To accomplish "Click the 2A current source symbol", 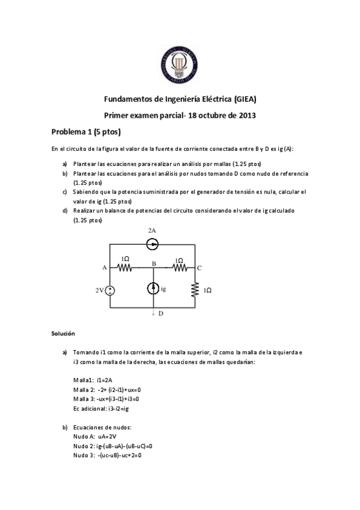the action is pos(153,244).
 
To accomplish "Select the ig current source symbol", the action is pos(153,289).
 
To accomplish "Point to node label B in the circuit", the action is pos(154,263).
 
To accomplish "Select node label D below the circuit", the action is pos(160,313).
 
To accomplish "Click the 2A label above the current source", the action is pos(152,230).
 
